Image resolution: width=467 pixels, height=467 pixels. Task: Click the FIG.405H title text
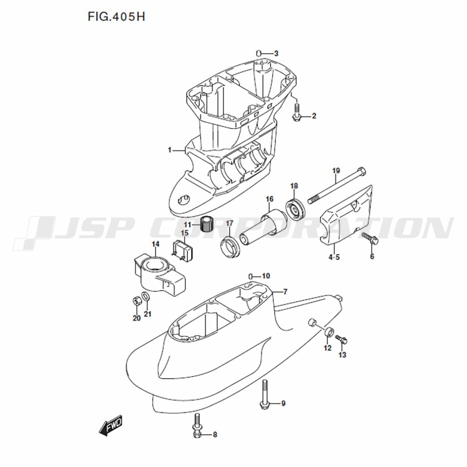click(116, 17)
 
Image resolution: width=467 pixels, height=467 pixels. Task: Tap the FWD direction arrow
click(111, 425)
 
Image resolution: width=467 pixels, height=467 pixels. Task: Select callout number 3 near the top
click(276, 54)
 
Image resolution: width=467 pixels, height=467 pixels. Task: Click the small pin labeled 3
click(259, 53)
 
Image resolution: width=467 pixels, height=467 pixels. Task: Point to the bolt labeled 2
click(297, 112)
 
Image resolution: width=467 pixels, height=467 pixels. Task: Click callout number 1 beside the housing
click(170, 150)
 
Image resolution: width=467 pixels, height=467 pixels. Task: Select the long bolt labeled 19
click(337, 186)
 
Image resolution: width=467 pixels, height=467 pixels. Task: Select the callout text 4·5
click(334, 257)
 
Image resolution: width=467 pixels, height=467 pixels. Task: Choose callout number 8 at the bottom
click(215, 435)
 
